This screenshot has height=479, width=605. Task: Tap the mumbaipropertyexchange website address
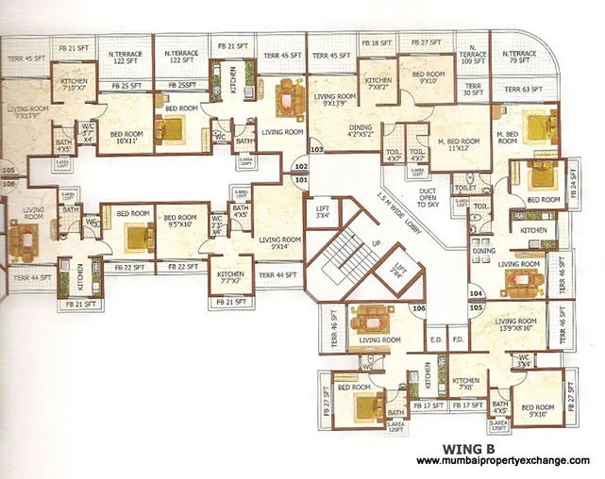click(502, 460)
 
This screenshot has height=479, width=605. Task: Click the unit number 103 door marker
click(317, 149)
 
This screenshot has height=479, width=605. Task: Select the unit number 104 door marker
click(476, 293)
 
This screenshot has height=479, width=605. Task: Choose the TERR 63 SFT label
click(523, 91)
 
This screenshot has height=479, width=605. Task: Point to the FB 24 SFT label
click(575, 191)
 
